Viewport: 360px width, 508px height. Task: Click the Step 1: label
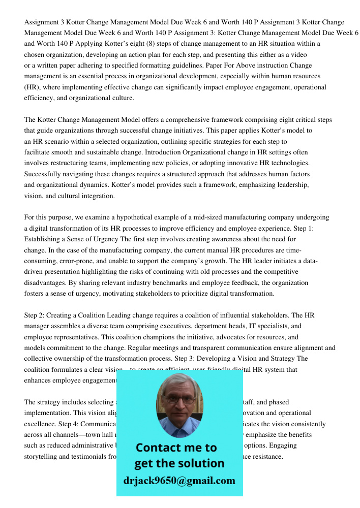(x=317, y=229)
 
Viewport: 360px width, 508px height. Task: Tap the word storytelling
(x=43, y=456)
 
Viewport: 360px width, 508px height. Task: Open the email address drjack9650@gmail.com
(x=179, y=481)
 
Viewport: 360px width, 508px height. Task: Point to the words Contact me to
(x=176, y=448)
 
